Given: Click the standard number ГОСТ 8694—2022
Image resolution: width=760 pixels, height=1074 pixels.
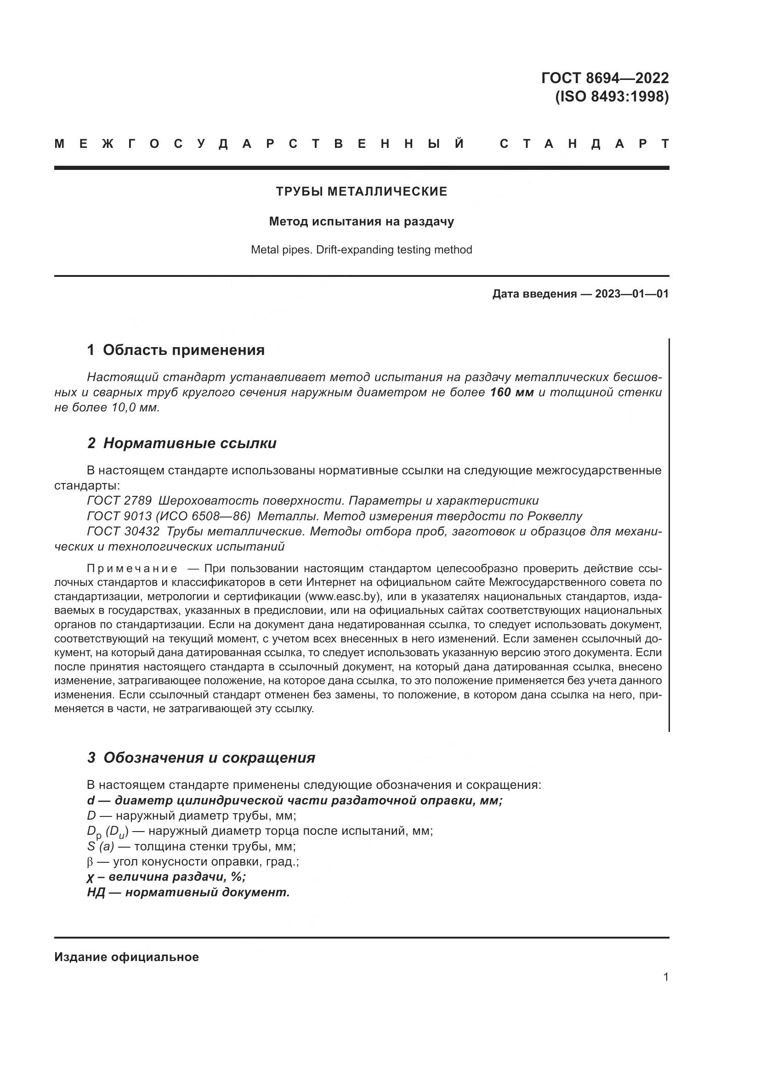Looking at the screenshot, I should pyautogui.click(x=605, y=78).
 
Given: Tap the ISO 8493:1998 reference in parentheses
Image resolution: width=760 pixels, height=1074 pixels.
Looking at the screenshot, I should pyautogui.click(x=612, y=97).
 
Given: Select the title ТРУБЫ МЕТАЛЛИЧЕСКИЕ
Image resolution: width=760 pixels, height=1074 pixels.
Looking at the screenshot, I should pyautogui.click(x=361, y=191).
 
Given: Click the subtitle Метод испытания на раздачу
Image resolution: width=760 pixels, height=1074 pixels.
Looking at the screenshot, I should pyautogui.click(x=361, y=221).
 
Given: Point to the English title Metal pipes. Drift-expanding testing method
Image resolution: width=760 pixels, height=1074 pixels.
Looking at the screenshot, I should pyautogui.click(x=361, y=250).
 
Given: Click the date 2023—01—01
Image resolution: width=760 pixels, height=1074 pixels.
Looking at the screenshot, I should pyautogui.click(x=632, y=294).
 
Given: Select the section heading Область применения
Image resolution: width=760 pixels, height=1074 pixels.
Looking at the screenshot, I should pyautogui.click(x=183, y=350).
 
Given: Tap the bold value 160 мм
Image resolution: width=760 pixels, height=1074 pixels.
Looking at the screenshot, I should pyautogui.click(x=511, y=392).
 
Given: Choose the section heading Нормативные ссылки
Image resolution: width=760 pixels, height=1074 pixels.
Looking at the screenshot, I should pyautogui.click(x=189, y=443).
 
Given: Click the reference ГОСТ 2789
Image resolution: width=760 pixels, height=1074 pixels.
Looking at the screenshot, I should pyautogui.click(x=119, y=500).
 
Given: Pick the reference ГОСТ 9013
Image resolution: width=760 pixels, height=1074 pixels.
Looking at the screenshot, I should pyautogui.click(x=119, y=516).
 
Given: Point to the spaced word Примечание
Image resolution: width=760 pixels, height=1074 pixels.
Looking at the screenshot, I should pyautogui.click(x=132, y=568).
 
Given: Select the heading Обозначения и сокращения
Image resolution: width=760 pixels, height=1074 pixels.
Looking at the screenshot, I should pyautogui.click(x=209, y=757).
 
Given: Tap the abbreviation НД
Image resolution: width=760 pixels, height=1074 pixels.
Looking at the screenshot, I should pyautogui.click(x=96, y=892).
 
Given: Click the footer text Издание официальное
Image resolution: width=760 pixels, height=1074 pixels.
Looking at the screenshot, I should pyautogui.click(x=126, y=957).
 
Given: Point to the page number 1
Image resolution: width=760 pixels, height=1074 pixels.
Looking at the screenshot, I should pyautogui.click(x=666, y=977).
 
